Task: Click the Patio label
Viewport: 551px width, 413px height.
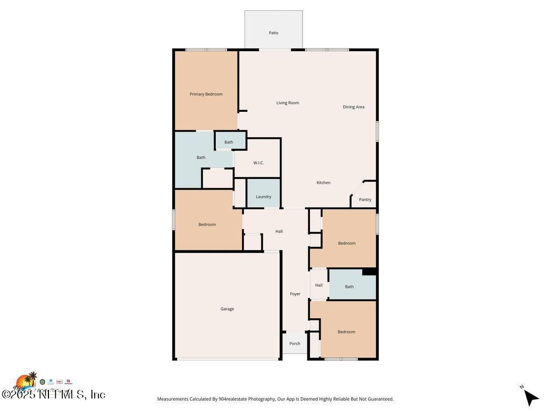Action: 273,33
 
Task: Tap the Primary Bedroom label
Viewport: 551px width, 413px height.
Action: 206,94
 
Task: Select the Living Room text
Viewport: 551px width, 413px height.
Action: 287,103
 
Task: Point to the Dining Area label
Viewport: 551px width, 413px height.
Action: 353,107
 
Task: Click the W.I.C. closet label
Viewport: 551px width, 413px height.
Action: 258,162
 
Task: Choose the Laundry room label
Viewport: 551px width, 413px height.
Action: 263,197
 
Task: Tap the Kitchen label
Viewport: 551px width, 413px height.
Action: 323,183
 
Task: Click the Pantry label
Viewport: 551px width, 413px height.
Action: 365,200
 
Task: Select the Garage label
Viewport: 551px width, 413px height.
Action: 227,309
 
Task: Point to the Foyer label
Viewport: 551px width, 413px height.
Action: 295,294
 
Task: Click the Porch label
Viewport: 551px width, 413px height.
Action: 294,344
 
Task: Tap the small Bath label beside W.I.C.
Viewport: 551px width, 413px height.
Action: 229,143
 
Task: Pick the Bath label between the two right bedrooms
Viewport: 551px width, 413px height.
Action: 349,287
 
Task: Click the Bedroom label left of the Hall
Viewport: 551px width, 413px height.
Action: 207,224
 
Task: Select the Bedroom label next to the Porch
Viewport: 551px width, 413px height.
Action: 346,332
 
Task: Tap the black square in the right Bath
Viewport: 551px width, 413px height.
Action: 369,272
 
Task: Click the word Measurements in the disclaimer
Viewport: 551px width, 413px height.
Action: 173,399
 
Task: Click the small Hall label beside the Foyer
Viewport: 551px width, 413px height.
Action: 319,285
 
